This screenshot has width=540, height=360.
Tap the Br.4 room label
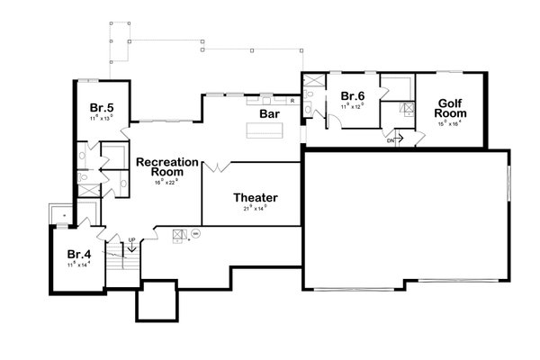(79, 254)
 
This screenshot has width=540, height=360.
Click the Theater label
(255, 198)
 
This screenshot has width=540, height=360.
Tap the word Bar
(268, 115)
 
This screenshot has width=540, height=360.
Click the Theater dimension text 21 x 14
(256, 209)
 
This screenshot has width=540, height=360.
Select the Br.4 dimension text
(79, 265)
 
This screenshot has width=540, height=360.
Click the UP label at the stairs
(131, 239)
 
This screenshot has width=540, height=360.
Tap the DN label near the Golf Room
(391, 140)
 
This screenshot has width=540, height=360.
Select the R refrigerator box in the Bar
(292, 99)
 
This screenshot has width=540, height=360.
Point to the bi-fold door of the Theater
(216, 167)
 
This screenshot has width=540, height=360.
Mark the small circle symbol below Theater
(194, 233)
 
